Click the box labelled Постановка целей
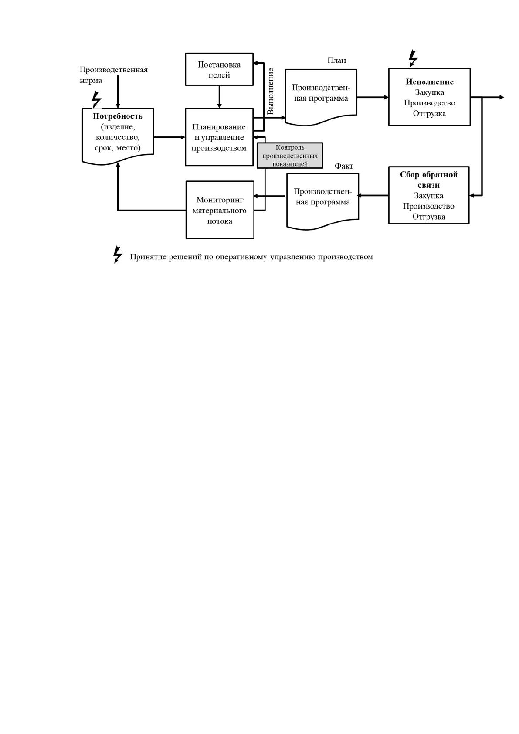click(219, 69)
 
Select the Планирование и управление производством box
click(219, 137)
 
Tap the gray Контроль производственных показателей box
click(290, 155)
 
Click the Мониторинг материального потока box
click(220, 210)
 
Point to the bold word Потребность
click(118, 116)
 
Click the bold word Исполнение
click(430, 82)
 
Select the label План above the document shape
click(336, 60)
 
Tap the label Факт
click(344, 166)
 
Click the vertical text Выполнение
click(270, 91)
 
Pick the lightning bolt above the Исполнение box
click(413, 58)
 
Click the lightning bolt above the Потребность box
click(96, 99)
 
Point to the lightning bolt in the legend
click(117, 255)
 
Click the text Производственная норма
click(113, 75)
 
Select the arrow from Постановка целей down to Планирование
click(219, 97)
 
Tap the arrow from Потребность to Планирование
click(170, 137)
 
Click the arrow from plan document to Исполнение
click(373, 97)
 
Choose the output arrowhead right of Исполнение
click(501, 97)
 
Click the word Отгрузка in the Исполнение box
click(429, 113)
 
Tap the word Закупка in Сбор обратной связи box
click(428, 196)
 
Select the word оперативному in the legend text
click(241, 257)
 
